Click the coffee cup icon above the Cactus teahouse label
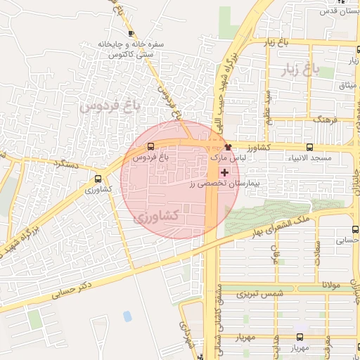point(131,33)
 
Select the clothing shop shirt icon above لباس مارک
point(228,147)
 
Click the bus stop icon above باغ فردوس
point(150,147)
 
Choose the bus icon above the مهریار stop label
point(300,337)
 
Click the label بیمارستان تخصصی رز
point(224,182)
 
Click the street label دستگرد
point(67,164)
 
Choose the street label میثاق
point(347,86)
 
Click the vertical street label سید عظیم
point(267,105)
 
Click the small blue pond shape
point(127,316)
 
